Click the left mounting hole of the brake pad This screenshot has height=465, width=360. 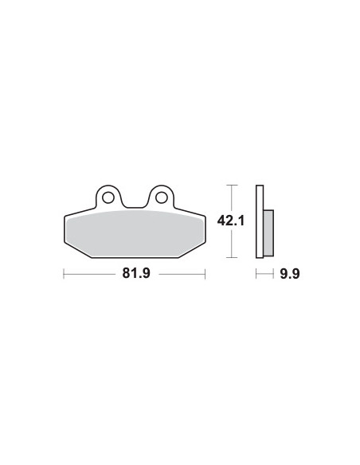tap(108, 197)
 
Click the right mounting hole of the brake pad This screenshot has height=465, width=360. tap(162, 197)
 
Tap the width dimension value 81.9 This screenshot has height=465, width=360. tap(136, 273)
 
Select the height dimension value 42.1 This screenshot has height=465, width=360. tap(231, 221)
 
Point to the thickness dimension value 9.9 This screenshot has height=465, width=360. tap(290, 274)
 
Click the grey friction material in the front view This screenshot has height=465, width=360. tap(135, 233)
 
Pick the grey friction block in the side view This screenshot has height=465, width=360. tap(268, 232)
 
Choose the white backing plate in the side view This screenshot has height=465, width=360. tap(260, 221)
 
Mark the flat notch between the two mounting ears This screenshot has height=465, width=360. tap(135, 208)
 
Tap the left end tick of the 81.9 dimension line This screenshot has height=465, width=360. tap(64, 274)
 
